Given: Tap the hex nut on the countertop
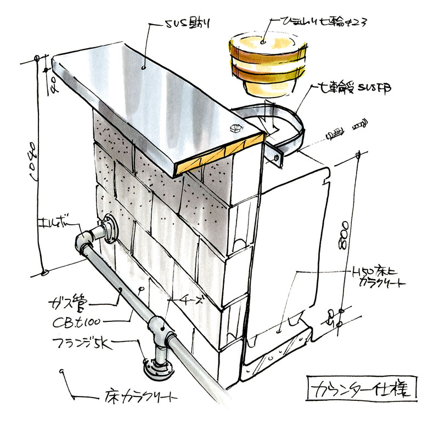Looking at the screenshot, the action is pos(234,129).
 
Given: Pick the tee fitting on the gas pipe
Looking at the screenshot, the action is pos(160,332).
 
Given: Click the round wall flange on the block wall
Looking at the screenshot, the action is pos(110,229).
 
